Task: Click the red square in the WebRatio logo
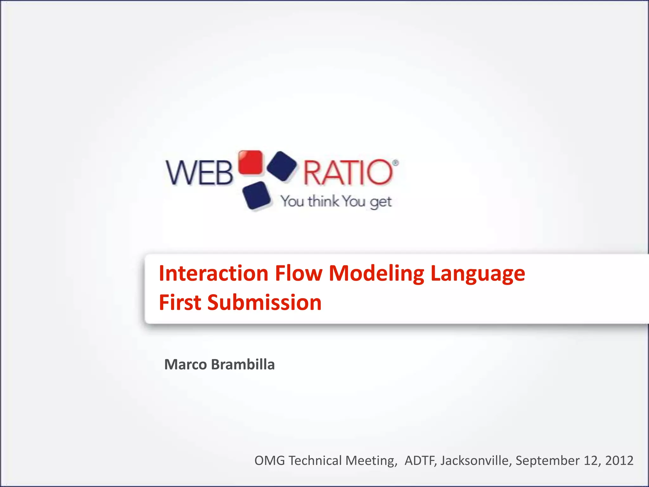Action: (x=250, y=162)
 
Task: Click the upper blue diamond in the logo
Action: (x=282, y=166)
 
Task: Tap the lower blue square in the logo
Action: (x=256, y=195)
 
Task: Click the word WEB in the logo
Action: (x=200, y=173)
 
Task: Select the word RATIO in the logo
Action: (x=348, y=173)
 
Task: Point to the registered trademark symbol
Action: (x=395, y=163)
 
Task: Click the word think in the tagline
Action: (x=323, y=201)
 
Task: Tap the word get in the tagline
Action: (x=381, y=202)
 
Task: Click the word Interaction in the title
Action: (x=214, y=273)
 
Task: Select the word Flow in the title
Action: (x=299, y=273)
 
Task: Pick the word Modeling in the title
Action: (x=376, y=273)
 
